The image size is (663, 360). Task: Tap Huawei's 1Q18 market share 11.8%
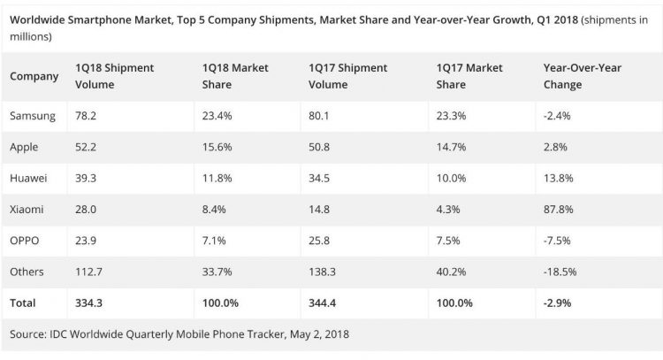(x=218, y=178)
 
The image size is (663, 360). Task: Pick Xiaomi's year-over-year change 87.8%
(x=560, y=209)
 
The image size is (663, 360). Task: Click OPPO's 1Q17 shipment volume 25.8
(x=321, y=240)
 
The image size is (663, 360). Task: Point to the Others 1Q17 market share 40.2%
(x=452, y=271)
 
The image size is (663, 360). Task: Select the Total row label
(x=23, y=303)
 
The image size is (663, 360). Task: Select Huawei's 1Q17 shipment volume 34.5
(x=321, y=178)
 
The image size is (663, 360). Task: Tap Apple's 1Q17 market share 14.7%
(x=451, y=147)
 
